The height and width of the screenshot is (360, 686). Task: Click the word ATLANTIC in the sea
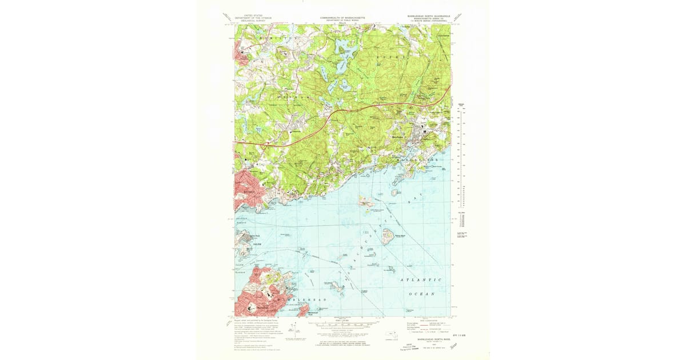pos(421,280)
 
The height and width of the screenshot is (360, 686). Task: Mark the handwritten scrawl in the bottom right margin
pos(454,346)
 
